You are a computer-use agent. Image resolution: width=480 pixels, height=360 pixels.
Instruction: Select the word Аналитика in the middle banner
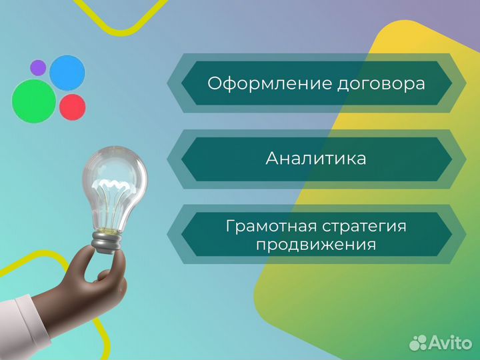pyautogui.click(x=316, y=159)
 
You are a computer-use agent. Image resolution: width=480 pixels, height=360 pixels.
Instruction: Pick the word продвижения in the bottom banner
pyautogui.click(x=316, y=245)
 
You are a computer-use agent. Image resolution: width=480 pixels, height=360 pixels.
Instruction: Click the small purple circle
pyautogui.click(x=38, y=67)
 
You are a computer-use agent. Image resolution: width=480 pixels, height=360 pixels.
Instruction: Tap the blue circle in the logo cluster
pyautogui.click(x=67, y=73)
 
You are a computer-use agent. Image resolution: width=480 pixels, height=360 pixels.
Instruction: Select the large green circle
pyautogui.click(x=33, y=101)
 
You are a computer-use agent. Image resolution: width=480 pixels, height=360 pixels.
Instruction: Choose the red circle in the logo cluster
pyautogui.click(x=72, y=106)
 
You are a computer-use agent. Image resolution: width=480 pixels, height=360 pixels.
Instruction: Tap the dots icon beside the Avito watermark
pyautogui.click(x=418, y=342)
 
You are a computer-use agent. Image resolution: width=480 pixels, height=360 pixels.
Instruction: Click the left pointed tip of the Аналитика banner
pyautogui.click(x=168, y=159)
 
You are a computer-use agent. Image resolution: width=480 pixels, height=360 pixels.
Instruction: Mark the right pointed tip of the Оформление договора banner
pyautogui.click(x=465, y=83)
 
